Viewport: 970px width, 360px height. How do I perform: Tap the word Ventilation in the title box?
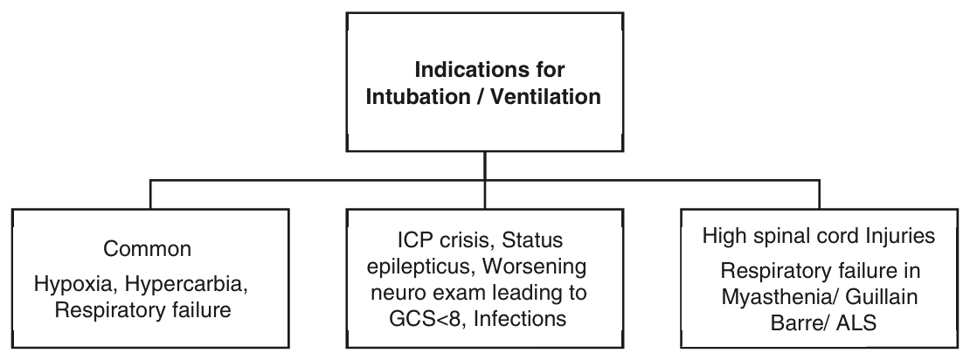coord(545,96)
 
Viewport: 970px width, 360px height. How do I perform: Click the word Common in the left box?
coord(147,249)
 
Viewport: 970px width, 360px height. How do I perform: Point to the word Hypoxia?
coord(76,285)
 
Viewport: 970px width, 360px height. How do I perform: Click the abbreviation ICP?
coord(414,239)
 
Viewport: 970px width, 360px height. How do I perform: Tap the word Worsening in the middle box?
coord(534,267)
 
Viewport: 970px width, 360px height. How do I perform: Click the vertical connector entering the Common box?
coord(150,195)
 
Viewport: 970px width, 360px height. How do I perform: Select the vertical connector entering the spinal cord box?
coord(820,195)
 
